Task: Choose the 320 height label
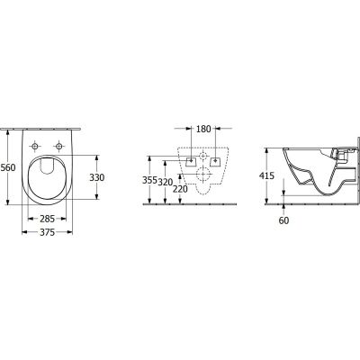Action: click(x=165, y=182)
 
